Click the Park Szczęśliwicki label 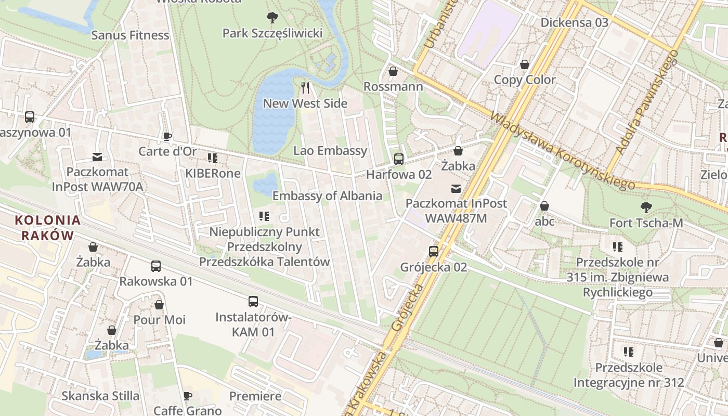(272, 33)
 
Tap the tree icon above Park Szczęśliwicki (272, 18)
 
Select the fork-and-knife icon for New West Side (305, 88)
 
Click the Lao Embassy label (330, 151)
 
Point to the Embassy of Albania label (327, 196)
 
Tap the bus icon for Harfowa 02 (399, 159)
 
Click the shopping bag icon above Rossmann (393, 71)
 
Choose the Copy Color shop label (525, 80)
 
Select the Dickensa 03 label (574, 22)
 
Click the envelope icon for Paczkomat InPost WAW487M (456, 188)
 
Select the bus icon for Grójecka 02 (434, 252)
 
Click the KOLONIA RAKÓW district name (48, 228)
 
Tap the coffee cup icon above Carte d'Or (167, 136)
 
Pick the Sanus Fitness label (130, 35)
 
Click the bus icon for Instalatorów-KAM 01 (253, 302)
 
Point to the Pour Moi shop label (159, 319)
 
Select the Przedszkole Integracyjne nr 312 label (629, 375)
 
